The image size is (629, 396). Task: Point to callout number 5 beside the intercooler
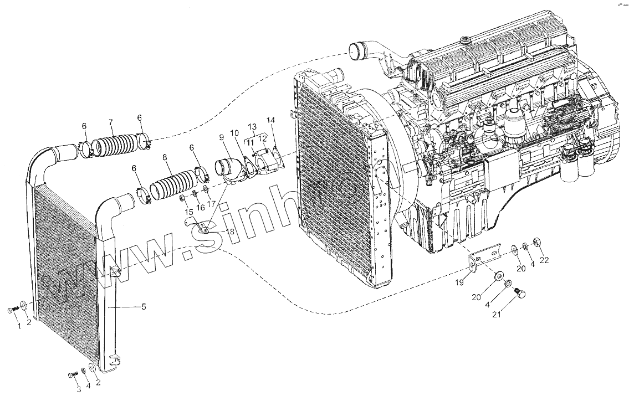click(144, 307)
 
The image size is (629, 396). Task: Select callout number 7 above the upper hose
click(111, 122)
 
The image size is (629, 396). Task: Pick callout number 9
click(222, 137)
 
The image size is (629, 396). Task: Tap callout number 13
click(253, 126)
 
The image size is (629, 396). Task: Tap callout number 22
click(544, 260)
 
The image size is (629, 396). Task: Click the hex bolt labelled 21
click(520, 295)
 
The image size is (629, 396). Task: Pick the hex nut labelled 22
click(536, 242)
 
